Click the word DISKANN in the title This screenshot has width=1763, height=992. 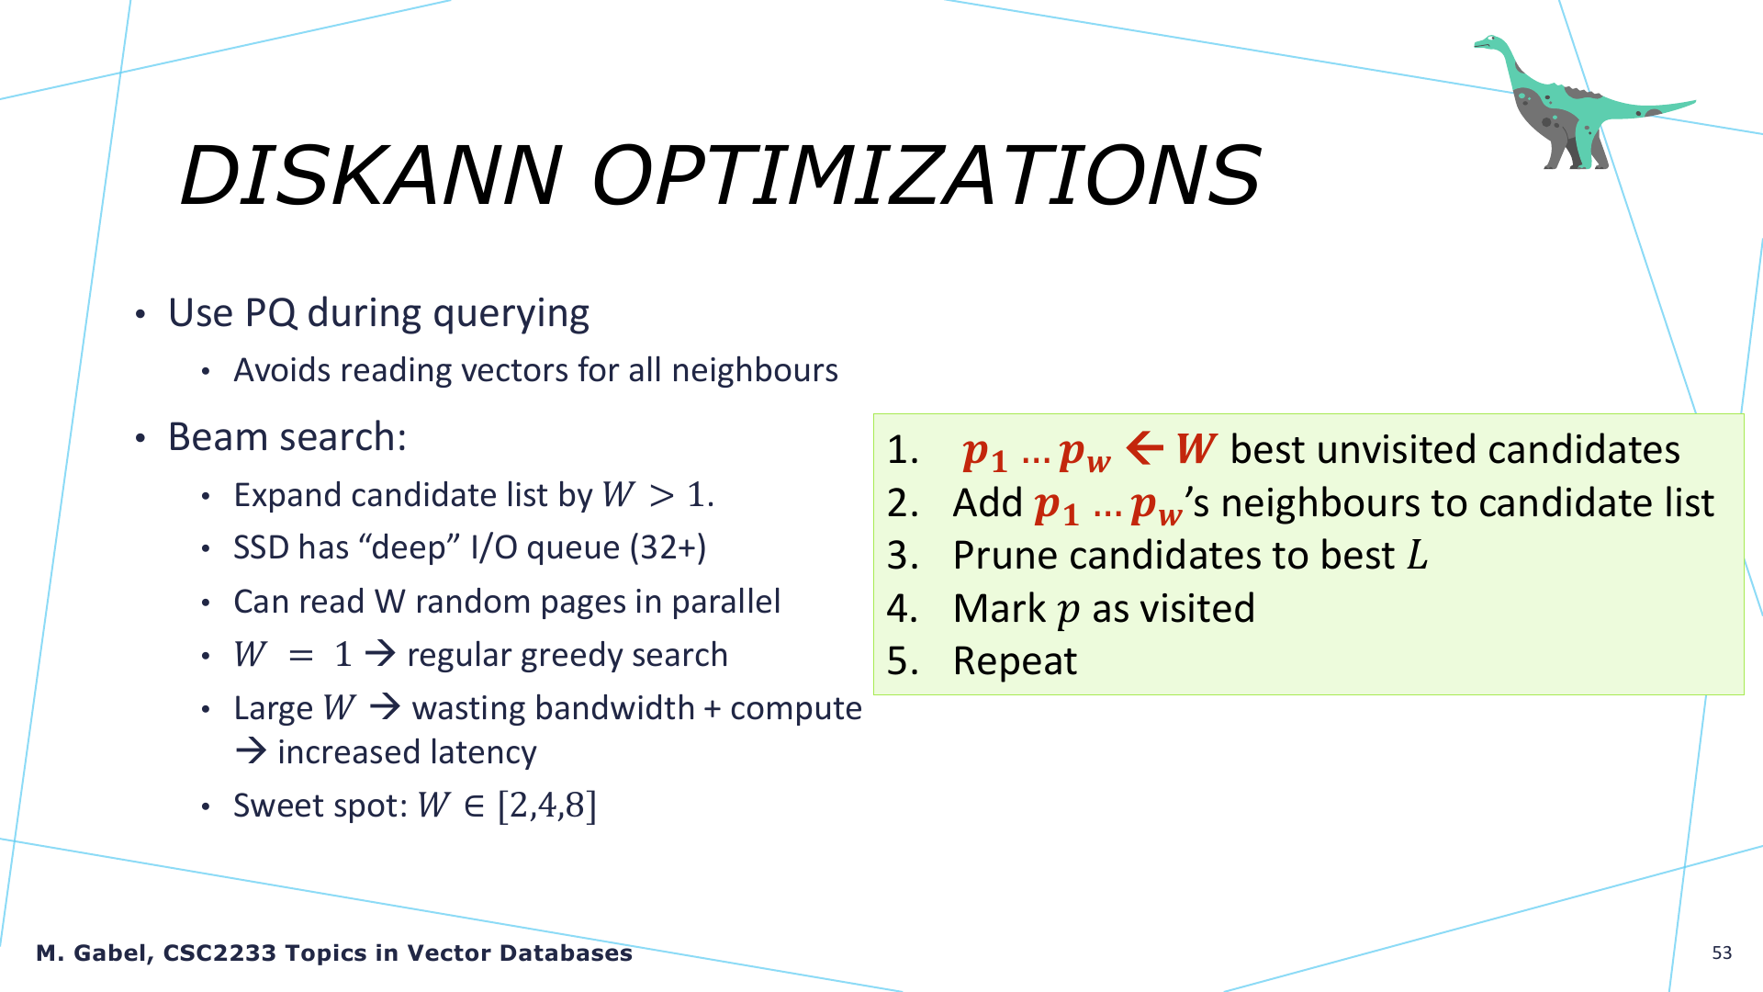coord(370,175)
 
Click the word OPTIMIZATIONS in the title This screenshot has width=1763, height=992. coord(926,175)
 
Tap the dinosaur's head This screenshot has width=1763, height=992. coord(1488,42)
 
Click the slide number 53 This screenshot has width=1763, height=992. coord(1722,953)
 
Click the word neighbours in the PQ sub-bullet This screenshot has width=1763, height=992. coord(755,370)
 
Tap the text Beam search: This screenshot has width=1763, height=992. coord(286,437)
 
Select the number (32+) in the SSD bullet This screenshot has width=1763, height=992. coord(668,547)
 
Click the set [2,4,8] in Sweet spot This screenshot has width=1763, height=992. coord(547,806)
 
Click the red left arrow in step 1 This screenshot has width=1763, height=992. coord(1144,448)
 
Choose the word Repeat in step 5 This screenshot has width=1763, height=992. coord(1015,662)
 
